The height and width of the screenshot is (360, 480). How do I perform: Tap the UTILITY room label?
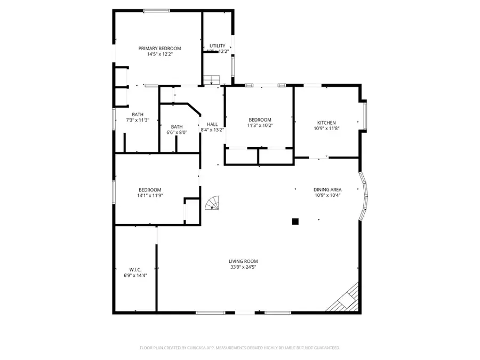pos(217,46)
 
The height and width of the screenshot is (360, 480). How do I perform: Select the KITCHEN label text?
pos(326,123)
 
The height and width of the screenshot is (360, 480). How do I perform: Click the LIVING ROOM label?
pos(243,261)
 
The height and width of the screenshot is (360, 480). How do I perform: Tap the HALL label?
pos(212,124)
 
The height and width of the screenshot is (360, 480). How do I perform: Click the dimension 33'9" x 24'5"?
pos(243,267)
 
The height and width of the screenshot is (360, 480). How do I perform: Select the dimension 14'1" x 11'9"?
pos(149,196)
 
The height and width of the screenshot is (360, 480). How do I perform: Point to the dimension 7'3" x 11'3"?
pos(138,121)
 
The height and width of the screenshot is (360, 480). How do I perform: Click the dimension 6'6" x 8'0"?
pos(177,132)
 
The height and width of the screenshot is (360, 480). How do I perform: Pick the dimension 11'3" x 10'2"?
pos(260,126)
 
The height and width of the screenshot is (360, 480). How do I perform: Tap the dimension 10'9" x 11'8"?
pos(326,129)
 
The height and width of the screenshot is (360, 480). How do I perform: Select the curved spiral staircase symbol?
pos(213,204)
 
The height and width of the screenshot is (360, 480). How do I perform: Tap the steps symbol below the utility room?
pos(212,80)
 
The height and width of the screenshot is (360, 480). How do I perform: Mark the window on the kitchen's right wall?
pos(365,115)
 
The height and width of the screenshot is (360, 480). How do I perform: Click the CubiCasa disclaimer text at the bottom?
pos(239,348)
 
